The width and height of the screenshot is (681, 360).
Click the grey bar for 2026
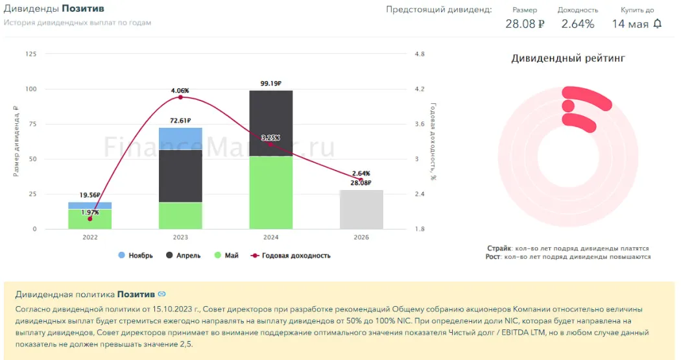click(x=361, y=210)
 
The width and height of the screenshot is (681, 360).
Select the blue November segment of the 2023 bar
click(x=180, y=138)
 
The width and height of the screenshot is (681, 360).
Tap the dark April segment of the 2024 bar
click(x=271, y=123)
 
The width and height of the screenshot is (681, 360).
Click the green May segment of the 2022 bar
click(x=90, y=219)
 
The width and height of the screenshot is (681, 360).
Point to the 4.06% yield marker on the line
click(x=180, y=97)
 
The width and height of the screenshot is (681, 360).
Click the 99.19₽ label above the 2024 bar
click(x=271, y=83)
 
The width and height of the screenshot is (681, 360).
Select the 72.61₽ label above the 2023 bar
click(x=180, y=121)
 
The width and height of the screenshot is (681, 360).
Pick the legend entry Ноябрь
click(x=136, y=256)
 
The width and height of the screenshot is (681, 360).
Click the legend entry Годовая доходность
click(x=296, y=256)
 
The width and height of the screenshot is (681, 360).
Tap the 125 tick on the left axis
click(x=30, y=54)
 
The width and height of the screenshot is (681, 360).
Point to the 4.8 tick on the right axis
click(x=419, y=54)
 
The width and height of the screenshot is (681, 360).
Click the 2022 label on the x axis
click(x=90, y=237)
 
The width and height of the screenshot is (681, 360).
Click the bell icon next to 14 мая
click(x=658, y=24)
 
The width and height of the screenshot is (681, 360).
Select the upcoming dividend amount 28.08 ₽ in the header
click(x=525, y=24)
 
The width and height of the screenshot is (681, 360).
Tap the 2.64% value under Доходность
click(x=578, y=24)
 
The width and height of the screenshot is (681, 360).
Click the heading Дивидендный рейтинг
click(x=568, y=58)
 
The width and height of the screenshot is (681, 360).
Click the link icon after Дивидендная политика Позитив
click(x=161, y=294)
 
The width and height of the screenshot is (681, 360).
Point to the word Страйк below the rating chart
click(x=499, y=248)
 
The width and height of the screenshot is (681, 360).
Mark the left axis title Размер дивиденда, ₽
click(x=16, y=141)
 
